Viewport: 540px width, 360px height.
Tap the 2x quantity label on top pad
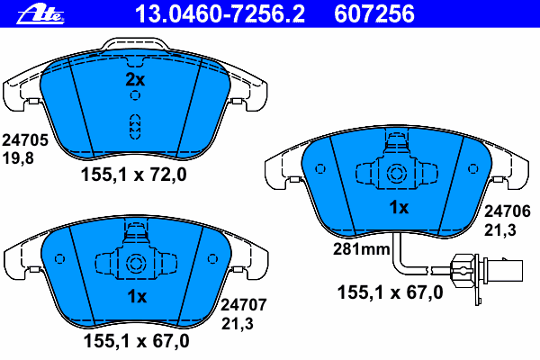coord(135,80)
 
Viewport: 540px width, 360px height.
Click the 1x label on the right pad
coord(398,208)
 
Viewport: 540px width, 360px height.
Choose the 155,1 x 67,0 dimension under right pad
coord(391,292)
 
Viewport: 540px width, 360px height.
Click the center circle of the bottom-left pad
coord(136,264)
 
